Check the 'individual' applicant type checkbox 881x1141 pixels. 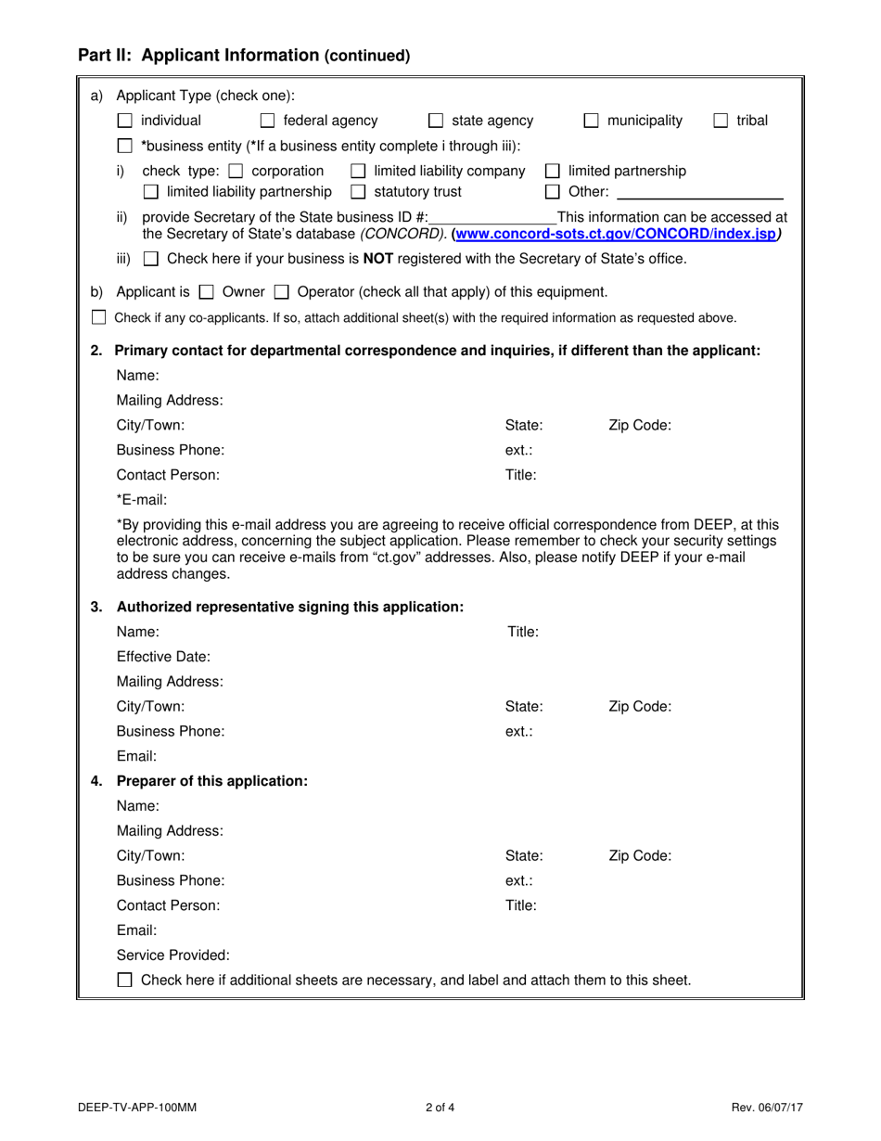[x=124, y=121]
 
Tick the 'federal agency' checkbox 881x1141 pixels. [x=267, y=121]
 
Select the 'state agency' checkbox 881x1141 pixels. [x=436, y=121]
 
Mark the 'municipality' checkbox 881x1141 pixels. [x=591, y=121]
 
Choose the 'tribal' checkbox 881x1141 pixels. [x=721, y=121]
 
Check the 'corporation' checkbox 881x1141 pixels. [x=236, y=171]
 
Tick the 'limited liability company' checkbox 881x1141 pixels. [x=358, y=171]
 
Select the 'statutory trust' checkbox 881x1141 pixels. [x=358, y=192]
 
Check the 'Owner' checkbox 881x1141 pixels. [x=207, y=292]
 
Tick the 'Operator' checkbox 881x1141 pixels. [x=281, y=292]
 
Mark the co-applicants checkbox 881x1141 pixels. [x=98, y=318]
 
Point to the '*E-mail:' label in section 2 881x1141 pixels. [x=142, y=500]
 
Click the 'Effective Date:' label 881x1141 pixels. [x=163, y=657]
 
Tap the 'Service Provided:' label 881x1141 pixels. [x=172, y=955]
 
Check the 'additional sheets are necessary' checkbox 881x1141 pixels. [x=124, y=980]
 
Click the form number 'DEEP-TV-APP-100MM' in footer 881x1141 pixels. [x=137, y=1107]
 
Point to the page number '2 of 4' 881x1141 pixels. [x=440, y=1107]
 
